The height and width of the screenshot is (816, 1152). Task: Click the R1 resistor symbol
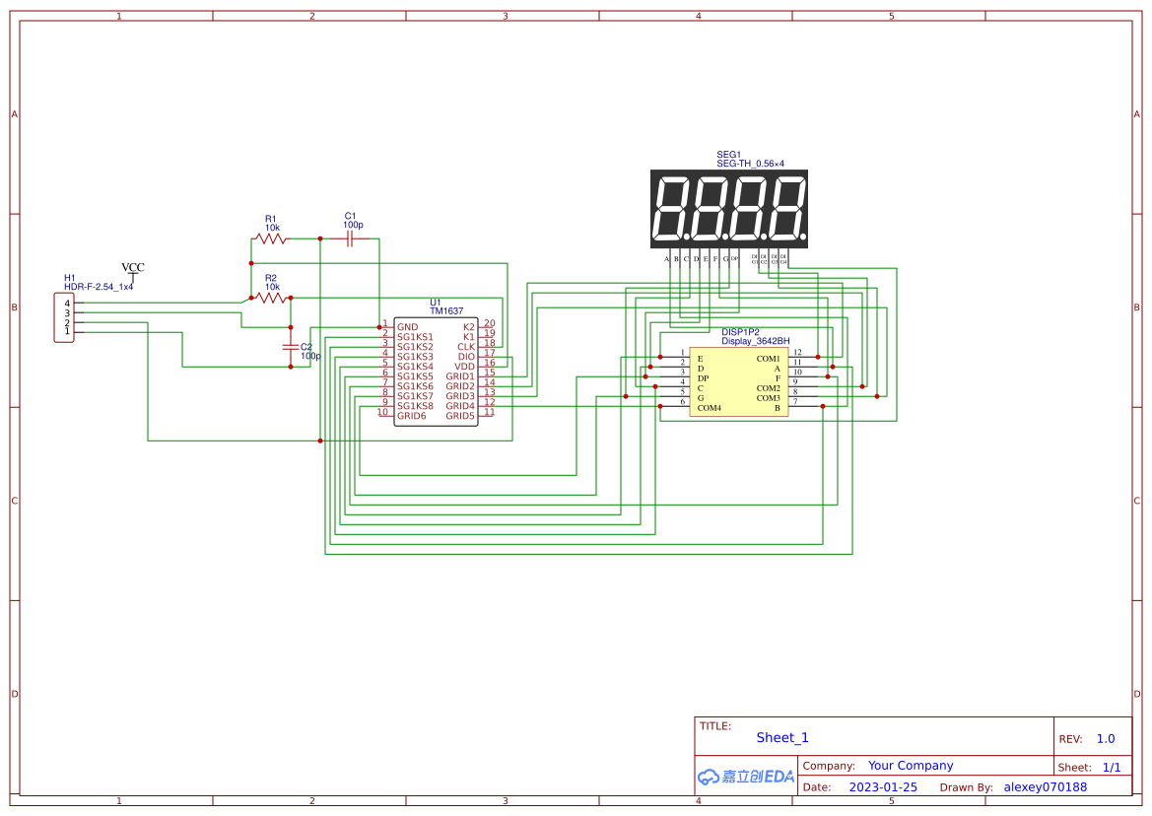(x=270, y=238)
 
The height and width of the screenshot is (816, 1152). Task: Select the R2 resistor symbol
(x=270, y=298)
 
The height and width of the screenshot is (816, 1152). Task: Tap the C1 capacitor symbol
(x=350, y=238)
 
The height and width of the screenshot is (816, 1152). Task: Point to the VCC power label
(x=132, y=268)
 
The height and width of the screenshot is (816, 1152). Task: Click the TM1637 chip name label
(x=445, y=310)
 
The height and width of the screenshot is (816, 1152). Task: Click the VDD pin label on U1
(x=464, y=367)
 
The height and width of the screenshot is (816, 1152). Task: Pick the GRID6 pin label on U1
(x=412, y=416)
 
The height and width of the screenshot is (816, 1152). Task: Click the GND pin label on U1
(x=408, y=327)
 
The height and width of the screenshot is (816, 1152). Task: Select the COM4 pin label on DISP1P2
(x=709, y=408)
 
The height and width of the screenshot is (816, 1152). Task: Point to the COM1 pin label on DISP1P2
(x=768, y=359)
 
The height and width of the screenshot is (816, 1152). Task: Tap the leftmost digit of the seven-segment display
(x=671, y=209)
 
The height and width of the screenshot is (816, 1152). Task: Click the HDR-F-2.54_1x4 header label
(x=99, y=287)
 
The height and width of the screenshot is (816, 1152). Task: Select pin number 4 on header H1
(x=67, y=304)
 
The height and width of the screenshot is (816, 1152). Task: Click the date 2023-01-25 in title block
(x=883, y=787)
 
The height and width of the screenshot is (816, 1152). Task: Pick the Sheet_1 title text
(x=782, y=738)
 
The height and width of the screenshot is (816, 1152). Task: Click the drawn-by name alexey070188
(x=1045, y=787)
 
